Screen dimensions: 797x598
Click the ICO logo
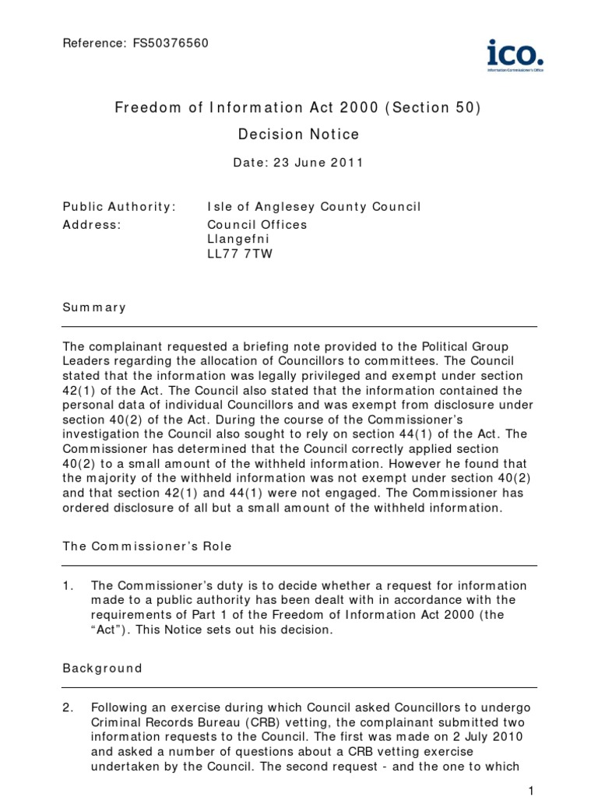click(515, 55)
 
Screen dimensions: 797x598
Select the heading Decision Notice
click(298, 135)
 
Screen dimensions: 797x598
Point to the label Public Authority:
click(119, 206)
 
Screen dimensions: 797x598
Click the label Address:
click(92, 224)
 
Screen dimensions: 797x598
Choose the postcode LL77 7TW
click(240, 254)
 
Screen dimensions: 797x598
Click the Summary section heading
click(93, 307)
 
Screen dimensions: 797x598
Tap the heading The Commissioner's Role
click(147, 546)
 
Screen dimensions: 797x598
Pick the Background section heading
click(102, 668)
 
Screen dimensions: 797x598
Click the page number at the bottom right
click(530, 791)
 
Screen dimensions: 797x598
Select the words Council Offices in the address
click(257, 224)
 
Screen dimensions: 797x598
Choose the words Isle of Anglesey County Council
click(314, 206)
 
